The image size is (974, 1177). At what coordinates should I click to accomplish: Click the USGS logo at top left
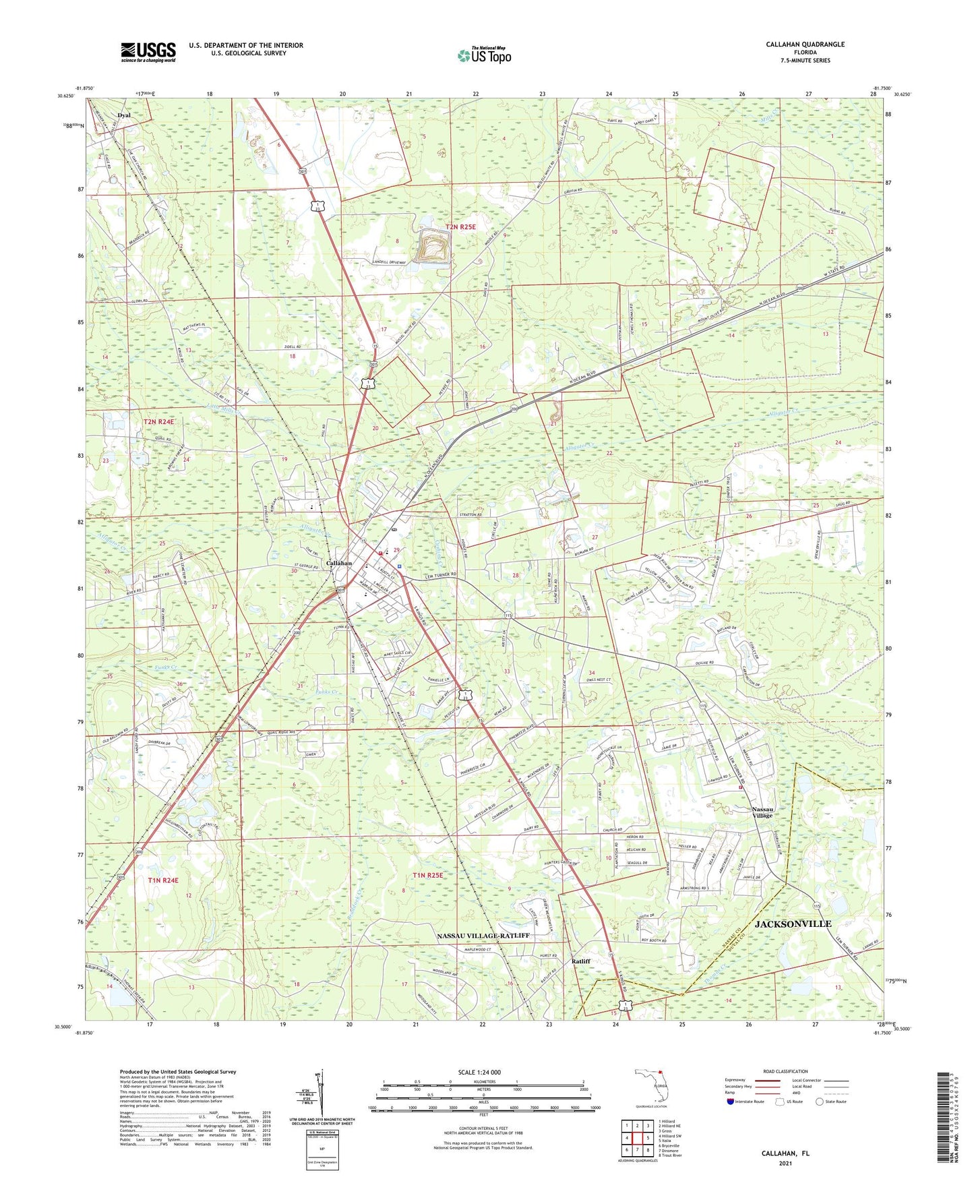[148, 52]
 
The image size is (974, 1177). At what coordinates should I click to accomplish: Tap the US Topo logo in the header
[484, 55]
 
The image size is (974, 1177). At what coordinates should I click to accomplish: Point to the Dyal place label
[124, 115]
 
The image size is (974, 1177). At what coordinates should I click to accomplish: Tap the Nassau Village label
[763, 812]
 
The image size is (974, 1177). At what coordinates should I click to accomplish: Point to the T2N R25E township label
[460, 227]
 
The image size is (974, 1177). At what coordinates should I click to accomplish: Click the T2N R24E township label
[158, 422]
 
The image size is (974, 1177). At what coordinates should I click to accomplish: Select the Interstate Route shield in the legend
[731, 1101]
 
